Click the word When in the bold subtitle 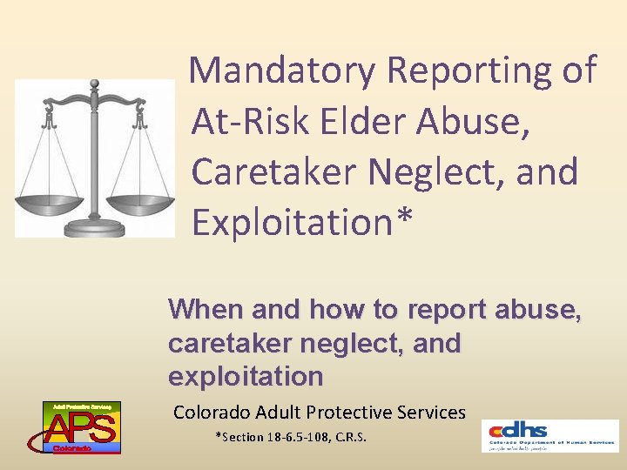click(x=206, y=310)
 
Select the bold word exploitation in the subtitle click(x=246, y=377)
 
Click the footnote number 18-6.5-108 click(x=295, y=437)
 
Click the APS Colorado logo click(x=82, y=427)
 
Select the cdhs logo click(x=549, y=434)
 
